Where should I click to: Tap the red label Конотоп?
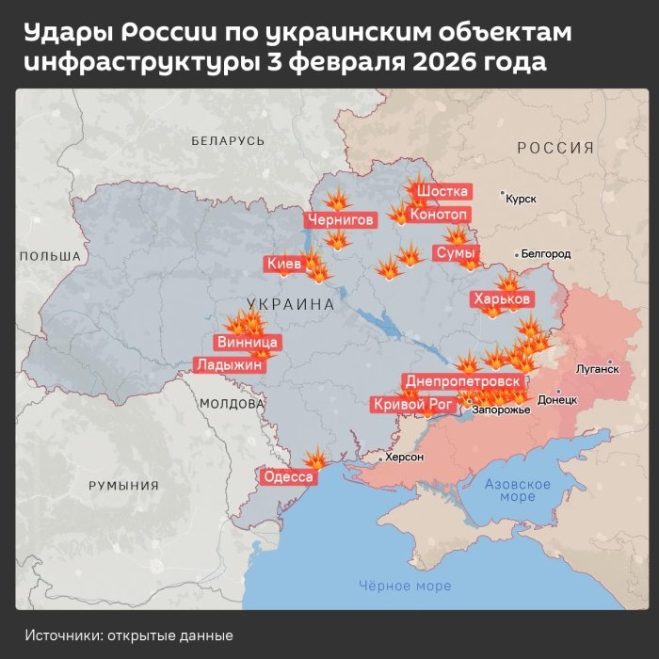coord(439,215)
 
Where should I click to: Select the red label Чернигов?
coord(341,220)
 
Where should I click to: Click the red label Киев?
coord(284,265)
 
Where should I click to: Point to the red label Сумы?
coord(456,252)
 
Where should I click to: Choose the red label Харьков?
coord(503,299)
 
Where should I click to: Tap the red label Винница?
coord(247,342)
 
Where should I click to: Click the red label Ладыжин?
coord(229,364)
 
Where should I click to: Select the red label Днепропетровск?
coord(462,381)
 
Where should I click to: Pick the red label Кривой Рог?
coord(414,404)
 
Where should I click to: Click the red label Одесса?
coord(288,476)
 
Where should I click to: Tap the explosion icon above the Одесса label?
coord(317,458)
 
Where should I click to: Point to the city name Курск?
coord(521,200)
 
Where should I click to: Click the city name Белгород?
coord(546,254)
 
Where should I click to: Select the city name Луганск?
coord(598,371)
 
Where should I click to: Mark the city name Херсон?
coord(405,458)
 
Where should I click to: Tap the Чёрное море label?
coord(405,586)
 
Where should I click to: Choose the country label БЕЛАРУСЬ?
coord(228,140)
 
